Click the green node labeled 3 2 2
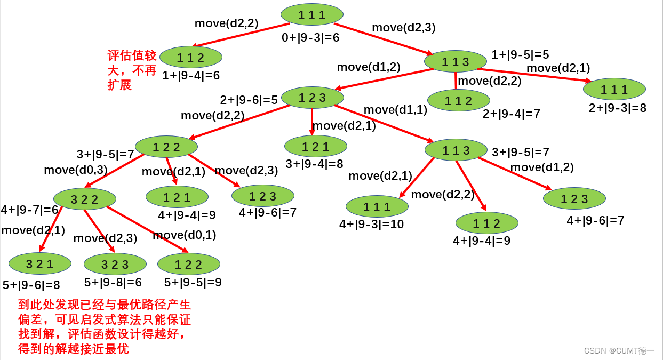(x=85, y=199)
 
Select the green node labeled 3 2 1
(x=40, y=263)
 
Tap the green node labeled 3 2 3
(x=115, y=264)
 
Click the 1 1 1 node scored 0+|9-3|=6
(x=312, y=14)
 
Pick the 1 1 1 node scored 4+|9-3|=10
(x=377, y=206)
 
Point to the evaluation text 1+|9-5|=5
(x=520, y=54)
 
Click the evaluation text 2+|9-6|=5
(x=249, y=100)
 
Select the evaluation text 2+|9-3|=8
(x=618, y=108)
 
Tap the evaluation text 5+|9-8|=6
(x=113, y=283)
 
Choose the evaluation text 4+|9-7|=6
(x=29, y=210)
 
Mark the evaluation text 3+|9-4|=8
(x=314, y=164)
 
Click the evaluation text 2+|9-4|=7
(x=512, y=114)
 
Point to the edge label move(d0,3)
(x=76, y=170)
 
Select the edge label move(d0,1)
(x=185, y=235)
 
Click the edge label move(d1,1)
(x=395, y=110)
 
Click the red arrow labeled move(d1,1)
(x=384, y=124)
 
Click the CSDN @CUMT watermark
(x=619, y=350)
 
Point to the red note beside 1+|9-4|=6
(x=132, y=70)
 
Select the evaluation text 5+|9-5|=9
(x=193, y=282)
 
